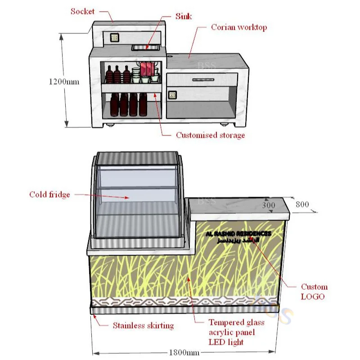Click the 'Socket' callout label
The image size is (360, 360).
[82, 11]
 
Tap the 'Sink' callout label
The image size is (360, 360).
[183, 17]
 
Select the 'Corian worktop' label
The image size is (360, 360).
[238, 27]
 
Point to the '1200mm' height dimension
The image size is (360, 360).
[63, 81]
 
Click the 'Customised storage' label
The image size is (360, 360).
[210, 135]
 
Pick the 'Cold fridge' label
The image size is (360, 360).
[49, 194]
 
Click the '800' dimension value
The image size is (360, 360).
[302, 204]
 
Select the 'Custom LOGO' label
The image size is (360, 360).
[314, 292]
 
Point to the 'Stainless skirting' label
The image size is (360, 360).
[143, 325]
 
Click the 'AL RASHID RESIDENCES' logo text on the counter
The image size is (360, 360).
[238, 234]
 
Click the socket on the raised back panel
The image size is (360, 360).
[114, 38]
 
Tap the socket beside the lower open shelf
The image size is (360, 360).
[172, 95]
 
